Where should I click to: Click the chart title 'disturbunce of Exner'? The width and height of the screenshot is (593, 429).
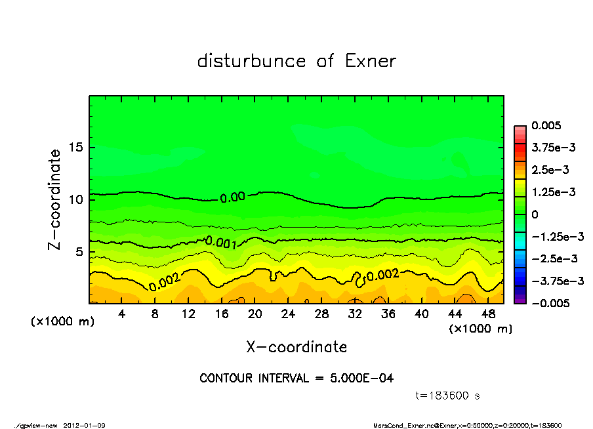pyautogui.click(x=296, y=61)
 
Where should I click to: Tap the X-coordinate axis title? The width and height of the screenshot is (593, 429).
pyautogui.click(x=296, y=347)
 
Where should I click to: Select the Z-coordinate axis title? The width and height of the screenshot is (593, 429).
pyautogui.click(x=55, y=199)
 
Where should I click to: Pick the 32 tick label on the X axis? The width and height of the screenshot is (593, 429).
pyautogui.click(x=355, y=314)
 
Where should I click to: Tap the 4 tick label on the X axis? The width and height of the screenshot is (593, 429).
pyautogui.click(x=122, y=314)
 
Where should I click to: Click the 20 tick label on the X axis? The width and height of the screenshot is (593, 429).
pyautogui.click(x=255, y=314)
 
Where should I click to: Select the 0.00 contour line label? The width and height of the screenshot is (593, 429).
pyautogui.click(x=232, y=197)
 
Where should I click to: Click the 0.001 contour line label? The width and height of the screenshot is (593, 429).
pyautogui.click(x=220, y=242)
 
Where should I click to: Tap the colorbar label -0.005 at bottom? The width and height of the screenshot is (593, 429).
pyautogui.click(x=551, y=303)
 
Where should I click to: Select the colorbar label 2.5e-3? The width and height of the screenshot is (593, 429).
pyautogui.click(x=550, y=170)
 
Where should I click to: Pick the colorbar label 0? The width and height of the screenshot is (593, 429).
pyautogui.click(x=535, y=214)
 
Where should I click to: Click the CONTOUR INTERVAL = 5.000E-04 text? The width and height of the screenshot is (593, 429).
pyautogui.click(x=296, y=378)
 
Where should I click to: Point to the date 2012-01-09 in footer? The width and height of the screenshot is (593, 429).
pyautogui.click(x=85, y=425)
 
